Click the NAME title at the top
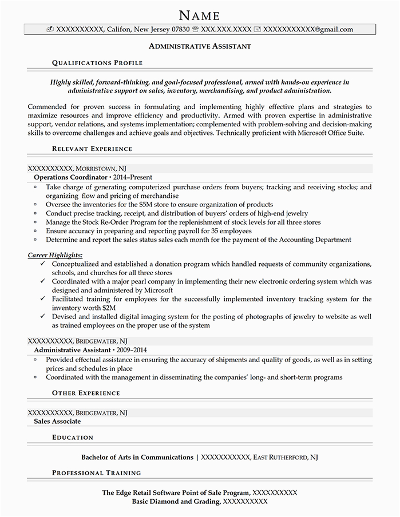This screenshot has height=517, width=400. coord(200,14)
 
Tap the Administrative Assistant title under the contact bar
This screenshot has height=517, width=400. coord(200,45)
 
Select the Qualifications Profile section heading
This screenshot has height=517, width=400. coord(97,62)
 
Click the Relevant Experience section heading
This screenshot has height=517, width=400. coord(92,149)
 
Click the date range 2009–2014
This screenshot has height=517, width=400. coord(132,349)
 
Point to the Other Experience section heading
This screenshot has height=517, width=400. coord(86,393)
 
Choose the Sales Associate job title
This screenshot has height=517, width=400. coord(57,421)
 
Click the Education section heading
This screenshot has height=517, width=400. coord(73,437)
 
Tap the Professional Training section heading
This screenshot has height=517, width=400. coord(96,473)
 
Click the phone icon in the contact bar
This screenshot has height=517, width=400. coord(196,29)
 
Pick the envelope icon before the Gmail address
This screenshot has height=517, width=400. coord(257,29)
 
